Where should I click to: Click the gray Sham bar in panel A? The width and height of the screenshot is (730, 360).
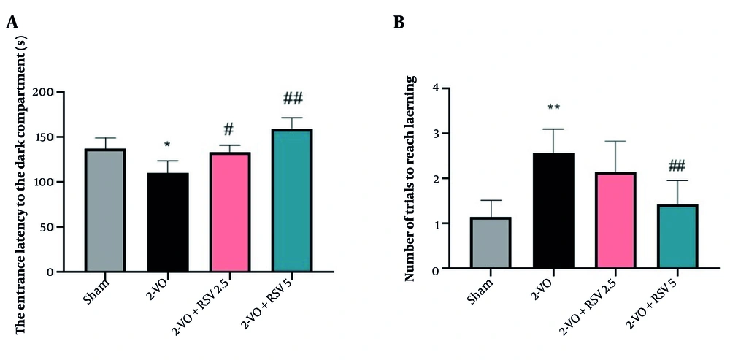(x=104, y=210)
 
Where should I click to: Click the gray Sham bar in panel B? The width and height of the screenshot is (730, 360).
(x=491, y=243)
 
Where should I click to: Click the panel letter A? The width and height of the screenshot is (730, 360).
(x=12, y=23)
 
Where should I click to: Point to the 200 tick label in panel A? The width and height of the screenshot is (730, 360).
(x=64, y=92)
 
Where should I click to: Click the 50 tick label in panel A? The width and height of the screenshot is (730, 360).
(x=66, y=227)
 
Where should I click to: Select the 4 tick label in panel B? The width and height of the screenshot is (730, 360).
(x=436, y=88)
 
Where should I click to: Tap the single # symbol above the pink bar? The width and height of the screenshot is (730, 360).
(x=229, y=129)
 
